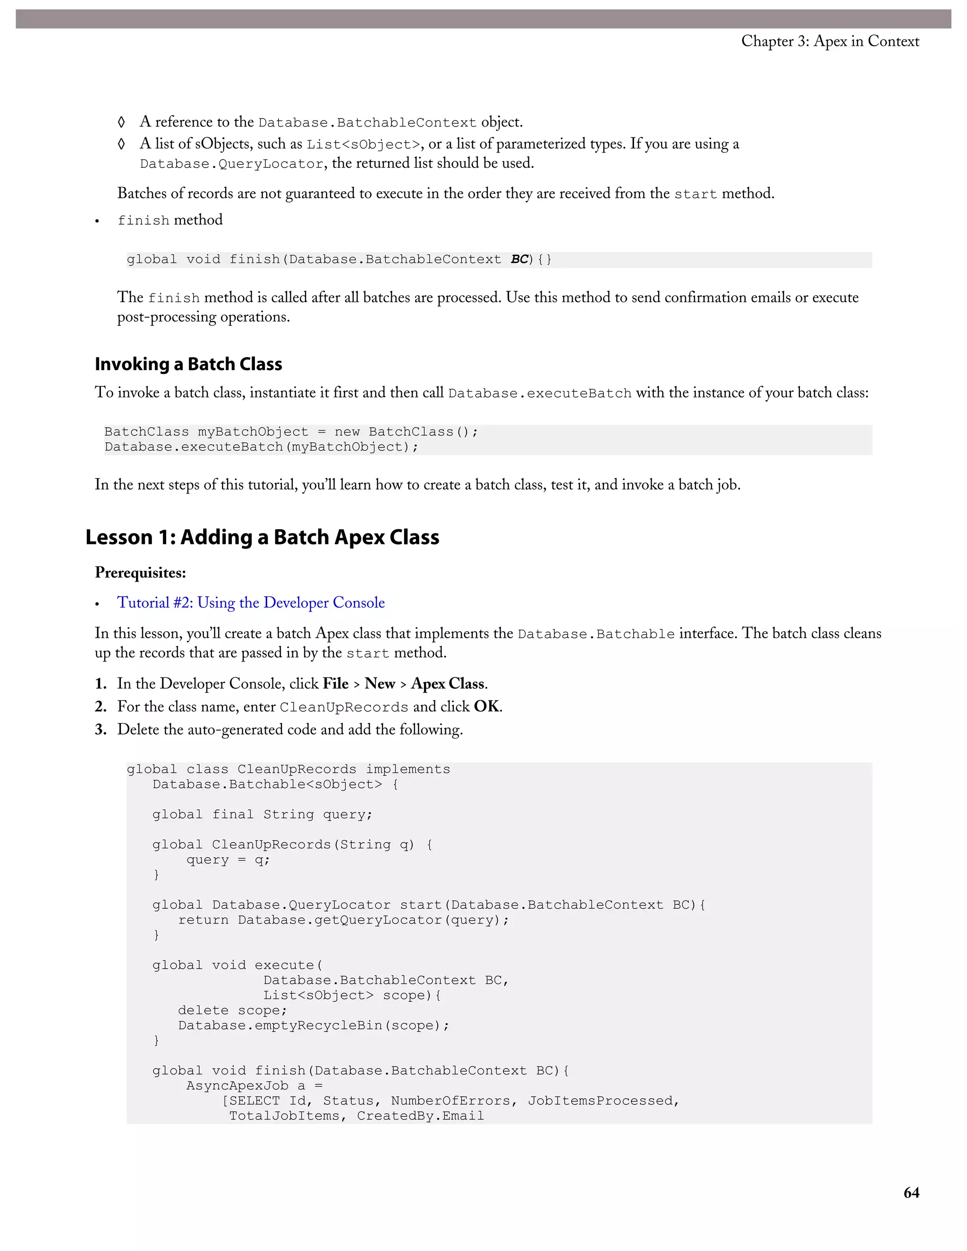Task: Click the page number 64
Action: pos(911,1192)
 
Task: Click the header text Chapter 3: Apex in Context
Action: pos(830,41)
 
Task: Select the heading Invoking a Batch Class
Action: pos(188,364)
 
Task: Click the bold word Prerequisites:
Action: pos(140,573)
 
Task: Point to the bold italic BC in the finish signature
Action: pos(519,260)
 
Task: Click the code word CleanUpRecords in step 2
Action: pos(344,708)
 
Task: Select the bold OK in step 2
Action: pos(486,707)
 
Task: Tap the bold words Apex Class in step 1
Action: pos(448,684)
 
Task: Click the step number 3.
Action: pos(101,730)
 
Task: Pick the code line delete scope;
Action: pos(232,1010)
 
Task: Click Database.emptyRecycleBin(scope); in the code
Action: pos(314,1025)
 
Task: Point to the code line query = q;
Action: pos(228,860)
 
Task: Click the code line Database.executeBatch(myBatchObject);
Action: pos(261,447)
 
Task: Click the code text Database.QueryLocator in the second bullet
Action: pos(232,164)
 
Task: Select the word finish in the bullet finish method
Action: pos(143,220)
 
